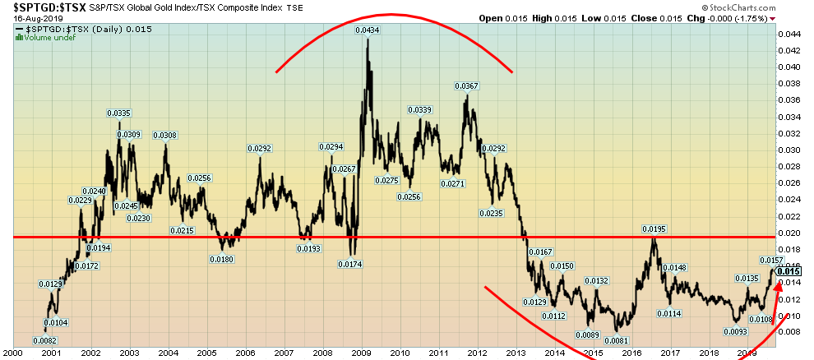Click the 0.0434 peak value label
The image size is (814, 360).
pyautogui.click(x=367, y=30)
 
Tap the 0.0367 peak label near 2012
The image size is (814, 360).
pyautogui.click(x=467, y=86)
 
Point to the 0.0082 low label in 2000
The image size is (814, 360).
pyautogui.click(x=44, y=340)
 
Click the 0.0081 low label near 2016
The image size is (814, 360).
pyautogui.click(x=617, y=340)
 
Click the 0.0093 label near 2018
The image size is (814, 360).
pyautogui.click(x=736, y=331)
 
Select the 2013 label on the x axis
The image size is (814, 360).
pyautogui.click(x=516, y=353)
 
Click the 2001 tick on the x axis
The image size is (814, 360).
pyautogui.click(x=51, y=353)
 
